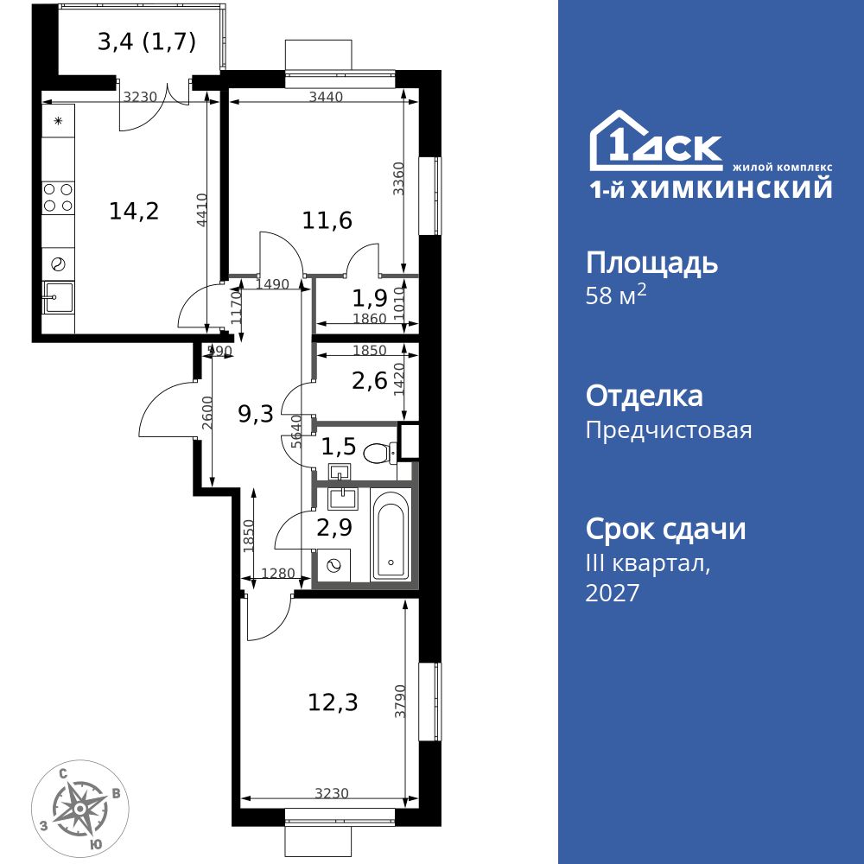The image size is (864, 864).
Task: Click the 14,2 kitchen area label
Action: pyautogui.click(x=134, y=210)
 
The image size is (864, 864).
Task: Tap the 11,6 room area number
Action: pyautogui.click(x=327, y=220)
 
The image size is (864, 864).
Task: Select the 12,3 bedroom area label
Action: pyautogui.click(x=333, y=702)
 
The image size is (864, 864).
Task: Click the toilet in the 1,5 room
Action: pyautogui.click(x=378, y=452)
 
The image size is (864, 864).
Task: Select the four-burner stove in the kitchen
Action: pyautogui.click(x=58, y=198)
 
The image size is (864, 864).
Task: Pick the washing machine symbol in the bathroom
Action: pyautogui.click(x=333, y=566)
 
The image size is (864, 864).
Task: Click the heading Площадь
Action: pyautogui.click(x=651, y=263)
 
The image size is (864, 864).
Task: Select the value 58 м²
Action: pyautogui.click(x=616, y=295)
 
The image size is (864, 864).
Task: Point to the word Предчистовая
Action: pyautogui.click(x=669, y=429)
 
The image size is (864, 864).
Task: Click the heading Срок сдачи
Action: pyautogui.click(x=665, y=529)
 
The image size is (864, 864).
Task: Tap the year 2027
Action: pyautogui.click(x=613, y=593)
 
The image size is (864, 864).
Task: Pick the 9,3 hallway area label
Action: pyautogui.click(x=256, y=414)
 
